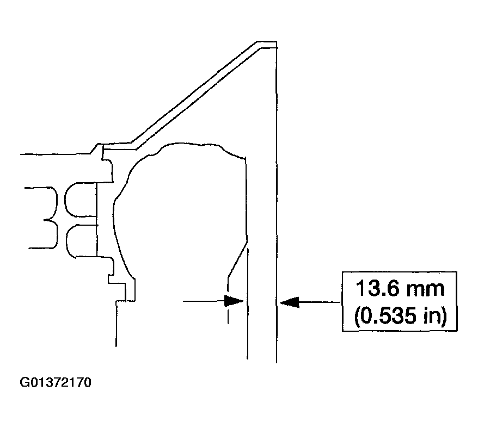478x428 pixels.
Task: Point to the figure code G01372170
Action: pos(56,382)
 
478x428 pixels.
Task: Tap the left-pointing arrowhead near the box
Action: pos(289,301)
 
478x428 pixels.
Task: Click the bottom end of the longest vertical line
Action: pos(277,362)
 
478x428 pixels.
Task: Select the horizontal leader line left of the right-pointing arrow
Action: pos(204,300)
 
